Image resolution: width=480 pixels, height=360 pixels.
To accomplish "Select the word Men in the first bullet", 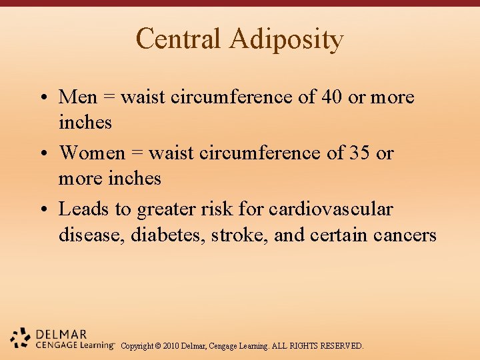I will pos(77,97).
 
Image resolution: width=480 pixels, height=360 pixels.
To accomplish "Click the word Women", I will pos(92,153).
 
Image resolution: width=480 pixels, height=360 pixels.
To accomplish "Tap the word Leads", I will pos(84,209).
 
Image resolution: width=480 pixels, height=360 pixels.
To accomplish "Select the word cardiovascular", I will pos(331,209).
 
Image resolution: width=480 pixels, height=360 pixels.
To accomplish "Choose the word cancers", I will pos(405,235).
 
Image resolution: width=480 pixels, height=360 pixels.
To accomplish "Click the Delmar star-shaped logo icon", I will pos(21,339).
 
